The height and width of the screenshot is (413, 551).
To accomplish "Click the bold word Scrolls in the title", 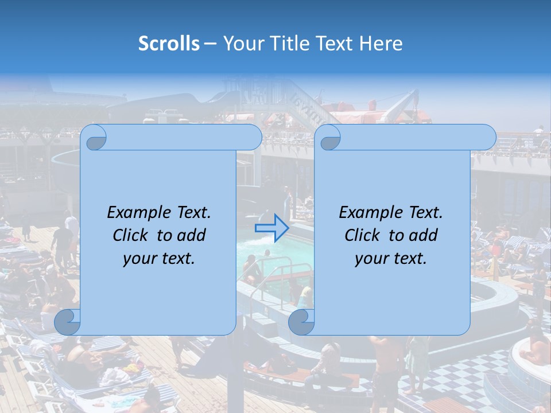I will click(x=169, y=44).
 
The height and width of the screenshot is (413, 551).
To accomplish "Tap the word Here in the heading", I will click(x=381, y=44).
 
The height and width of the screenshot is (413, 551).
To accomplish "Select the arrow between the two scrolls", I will click(x=271, y=228).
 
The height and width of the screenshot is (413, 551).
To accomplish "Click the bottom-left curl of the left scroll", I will click(x=67, y=321).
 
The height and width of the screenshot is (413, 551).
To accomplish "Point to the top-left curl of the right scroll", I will click(x=329, y=138).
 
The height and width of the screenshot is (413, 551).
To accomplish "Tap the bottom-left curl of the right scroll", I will click(x=301, y=321).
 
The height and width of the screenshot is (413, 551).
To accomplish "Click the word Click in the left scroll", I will click(x=130, y=235).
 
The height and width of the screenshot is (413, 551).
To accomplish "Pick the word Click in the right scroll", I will click(x=362, y=235).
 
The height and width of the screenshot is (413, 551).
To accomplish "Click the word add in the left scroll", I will click(x=192, y=235).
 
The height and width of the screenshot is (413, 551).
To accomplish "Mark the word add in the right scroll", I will click(x=424, y=235).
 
